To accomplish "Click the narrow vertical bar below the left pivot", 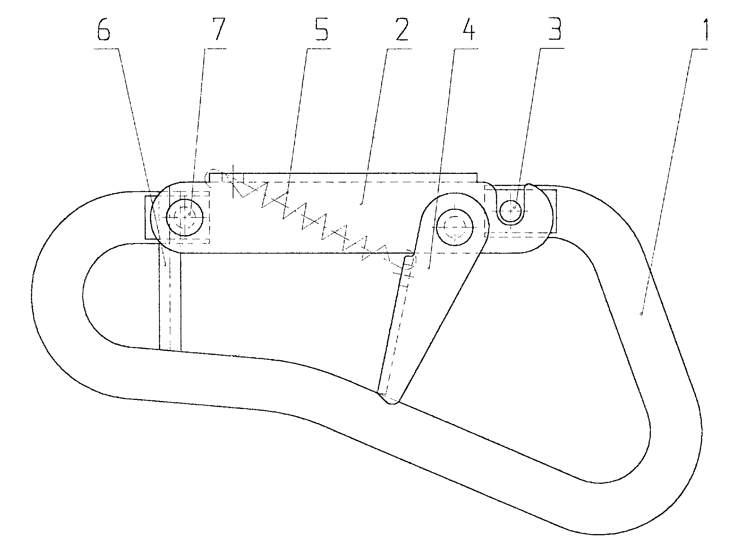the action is pos(170,299).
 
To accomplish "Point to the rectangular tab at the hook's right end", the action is pos(553,212).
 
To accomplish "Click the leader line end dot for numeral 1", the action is pos(641,313).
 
